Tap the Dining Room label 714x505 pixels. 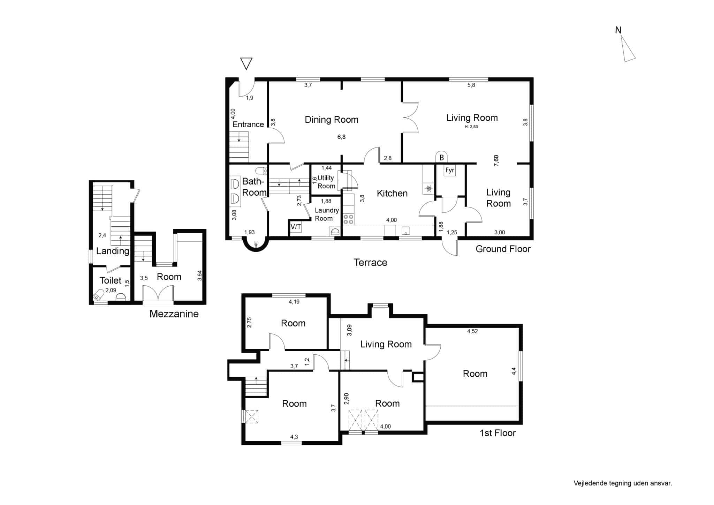coord(332,120)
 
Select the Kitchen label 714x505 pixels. coord(392,193)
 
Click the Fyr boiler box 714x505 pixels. coord(450,170)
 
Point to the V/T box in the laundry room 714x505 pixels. coord(296,227)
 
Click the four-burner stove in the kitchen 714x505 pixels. coord(348,219)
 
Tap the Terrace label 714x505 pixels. coord(370,262)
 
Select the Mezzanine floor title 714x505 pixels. coord(174,314)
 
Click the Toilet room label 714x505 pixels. coord(111,280)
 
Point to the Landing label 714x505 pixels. coord(113,251)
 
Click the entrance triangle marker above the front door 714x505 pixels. coord(246,63)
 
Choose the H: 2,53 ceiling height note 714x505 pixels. coord(471,127)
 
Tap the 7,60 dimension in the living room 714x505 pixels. coord(496,160)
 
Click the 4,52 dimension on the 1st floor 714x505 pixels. coord(472,331)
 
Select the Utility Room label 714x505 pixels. coord(326,182)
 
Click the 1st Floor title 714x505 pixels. coord(497,433)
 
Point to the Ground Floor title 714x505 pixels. coord(503,249)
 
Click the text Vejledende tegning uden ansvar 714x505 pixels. coord(623,483)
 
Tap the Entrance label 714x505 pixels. coord(248,125)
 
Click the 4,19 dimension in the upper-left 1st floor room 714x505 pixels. coord(294,302)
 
